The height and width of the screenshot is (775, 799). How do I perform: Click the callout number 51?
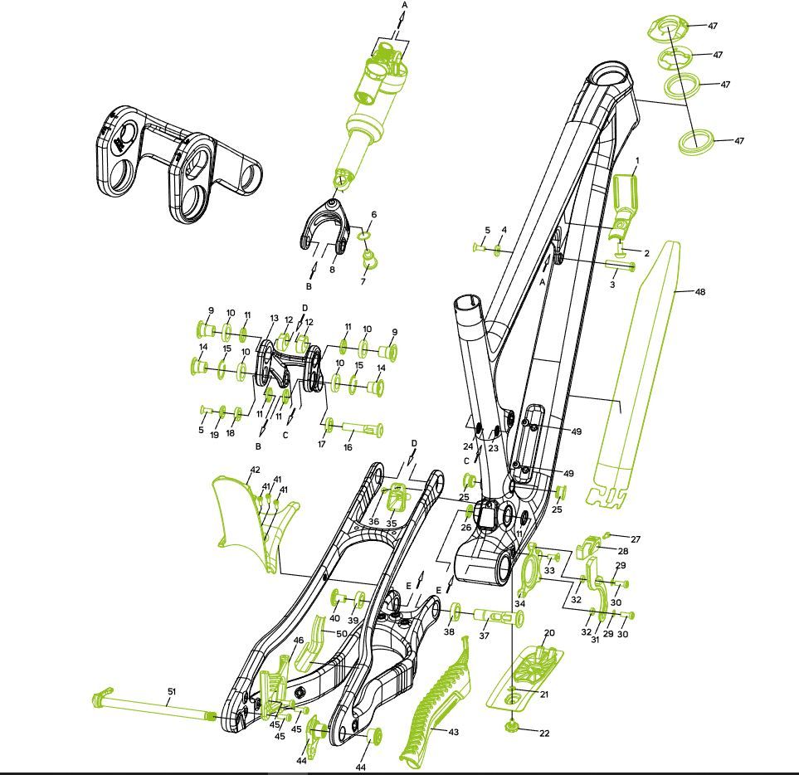click(172, 691)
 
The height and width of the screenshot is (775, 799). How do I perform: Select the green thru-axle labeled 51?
click(153, 704)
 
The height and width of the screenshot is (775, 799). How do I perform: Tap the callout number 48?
click(700, 291)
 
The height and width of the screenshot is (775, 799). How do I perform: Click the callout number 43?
click(454, 732)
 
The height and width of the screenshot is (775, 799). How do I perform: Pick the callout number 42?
click(256, 470)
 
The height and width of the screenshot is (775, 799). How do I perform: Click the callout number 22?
click(544, 733)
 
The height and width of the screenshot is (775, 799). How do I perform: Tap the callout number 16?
click(348, 447)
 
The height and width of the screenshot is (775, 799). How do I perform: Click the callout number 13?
click(274, 319)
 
